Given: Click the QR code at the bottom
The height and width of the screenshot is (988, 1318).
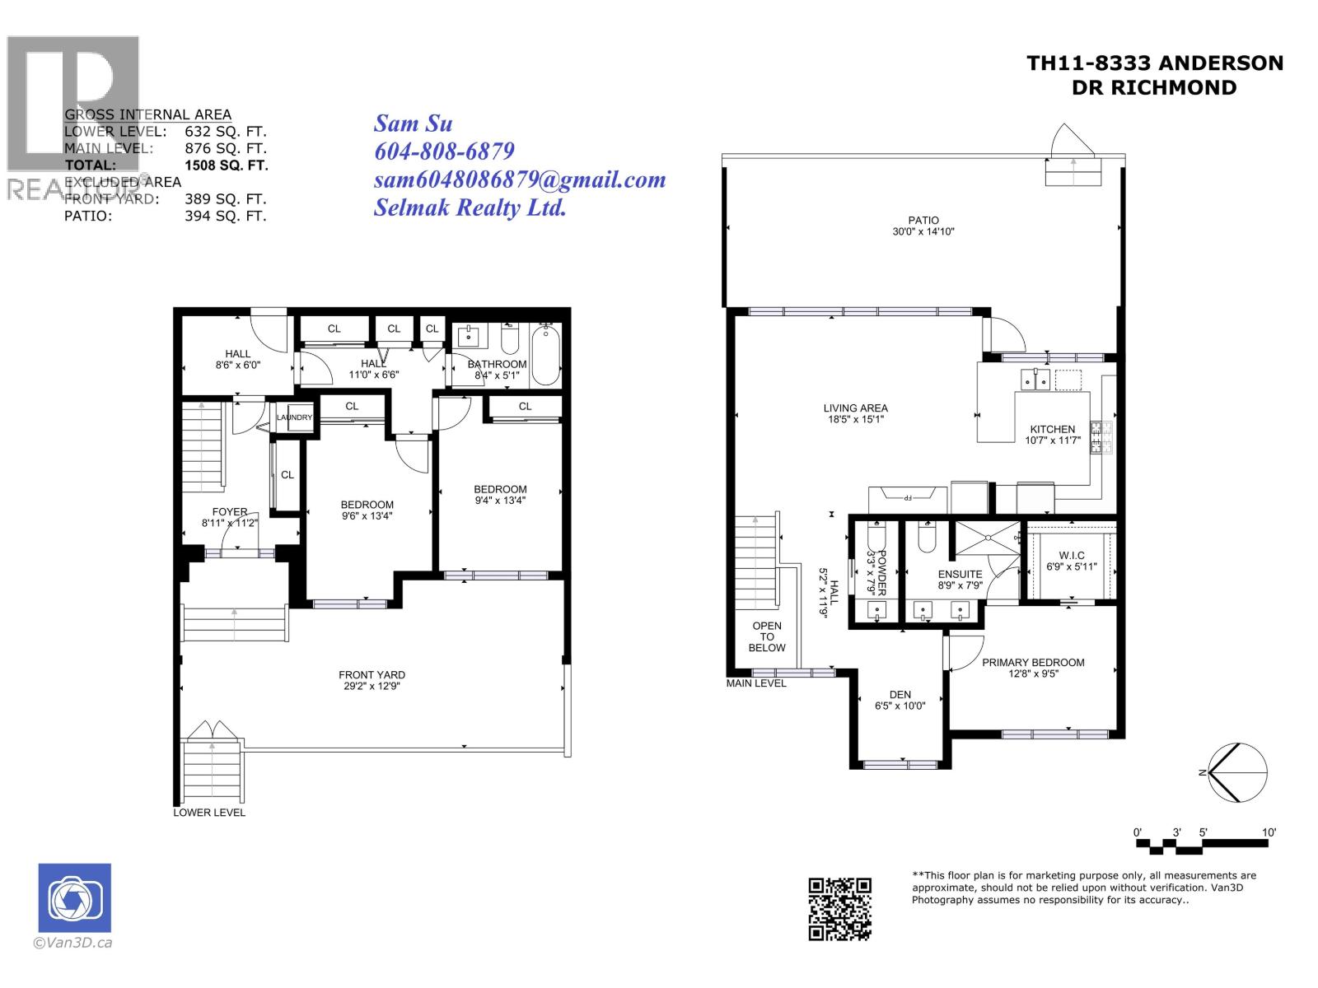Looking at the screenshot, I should coord(839,908).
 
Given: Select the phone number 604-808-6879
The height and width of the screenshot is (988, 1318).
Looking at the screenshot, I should coord(444,151).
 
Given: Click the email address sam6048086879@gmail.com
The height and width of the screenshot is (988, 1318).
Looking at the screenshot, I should coord(520,179).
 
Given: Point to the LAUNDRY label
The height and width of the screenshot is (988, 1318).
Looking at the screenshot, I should coord(294,417).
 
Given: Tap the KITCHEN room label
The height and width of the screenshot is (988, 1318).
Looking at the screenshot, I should coord(1052,429).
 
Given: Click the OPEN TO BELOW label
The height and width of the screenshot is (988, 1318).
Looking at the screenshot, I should coord(767,636).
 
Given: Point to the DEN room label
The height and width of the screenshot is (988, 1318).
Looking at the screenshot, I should coord(900,694).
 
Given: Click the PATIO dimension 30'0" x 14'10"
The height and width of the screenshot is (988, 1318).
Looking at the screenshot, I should coord(923,232).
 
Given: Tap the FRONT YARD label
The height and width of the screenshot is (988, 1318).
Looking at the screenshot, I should coord(372,674).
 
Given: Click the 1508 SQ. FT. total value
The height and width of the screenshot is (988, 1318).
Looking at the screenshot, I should coord(227,165).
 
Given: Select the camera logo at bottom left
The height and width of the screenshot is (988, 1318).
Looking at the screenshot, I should coord(74,897).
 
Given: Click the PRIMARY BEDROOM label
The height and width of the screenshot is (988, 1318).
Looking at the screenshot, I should coord(1033,662).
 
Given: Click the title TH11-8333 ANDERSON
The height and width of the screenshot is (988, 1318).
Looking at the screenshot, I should coord(1154,63).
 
